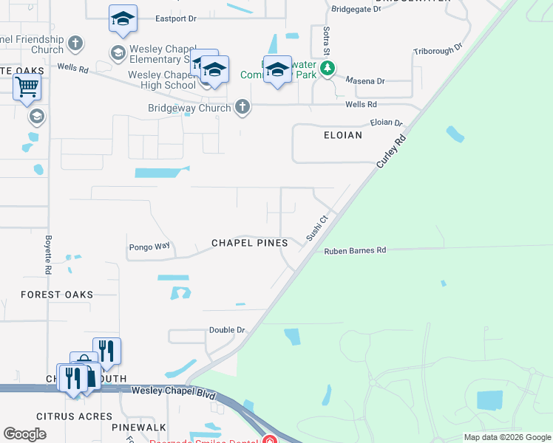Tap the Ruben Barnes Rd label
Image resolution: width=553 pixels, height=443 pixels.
pyautogui.click(x=355, y=251)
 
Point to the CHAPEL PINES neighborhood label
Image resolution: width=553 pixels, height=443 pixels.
pyautogui.click(x=245, y=243)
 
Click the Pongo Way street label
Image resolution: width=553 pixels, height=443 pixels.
pyautogui.click(x=149, y=247)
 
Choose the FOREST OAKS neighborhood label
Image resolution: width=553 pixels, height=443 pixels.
pyautogui.click(x=57, y=295)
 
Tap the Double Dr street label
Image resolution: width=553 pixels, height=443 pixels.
pyautogui.click(x=226, y=330)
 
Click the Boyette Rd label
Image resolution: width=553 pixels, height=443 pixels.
pyautogui.click(x=48, y=255)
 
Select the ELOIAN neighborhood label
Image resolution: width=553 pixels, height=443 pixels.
pyautogui.click(x=343, y=136)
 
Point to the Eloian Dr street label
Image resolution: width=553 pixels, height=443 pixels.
pyautogui.click(x=387, y=123)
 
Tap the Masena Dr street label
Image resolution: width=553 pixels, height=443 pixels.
pyautogui.click(x=370, y=80)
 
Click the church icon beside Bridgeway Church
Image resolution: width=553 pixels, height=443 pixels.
pyautogui.click(x=242, y=107)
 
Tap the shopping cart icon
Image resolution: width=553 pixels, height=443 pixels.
pyautogui.click(x=27, y=86)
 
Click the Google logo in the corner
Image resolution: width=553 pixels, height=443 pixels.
pyautogui.click(x=24, y=434)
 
